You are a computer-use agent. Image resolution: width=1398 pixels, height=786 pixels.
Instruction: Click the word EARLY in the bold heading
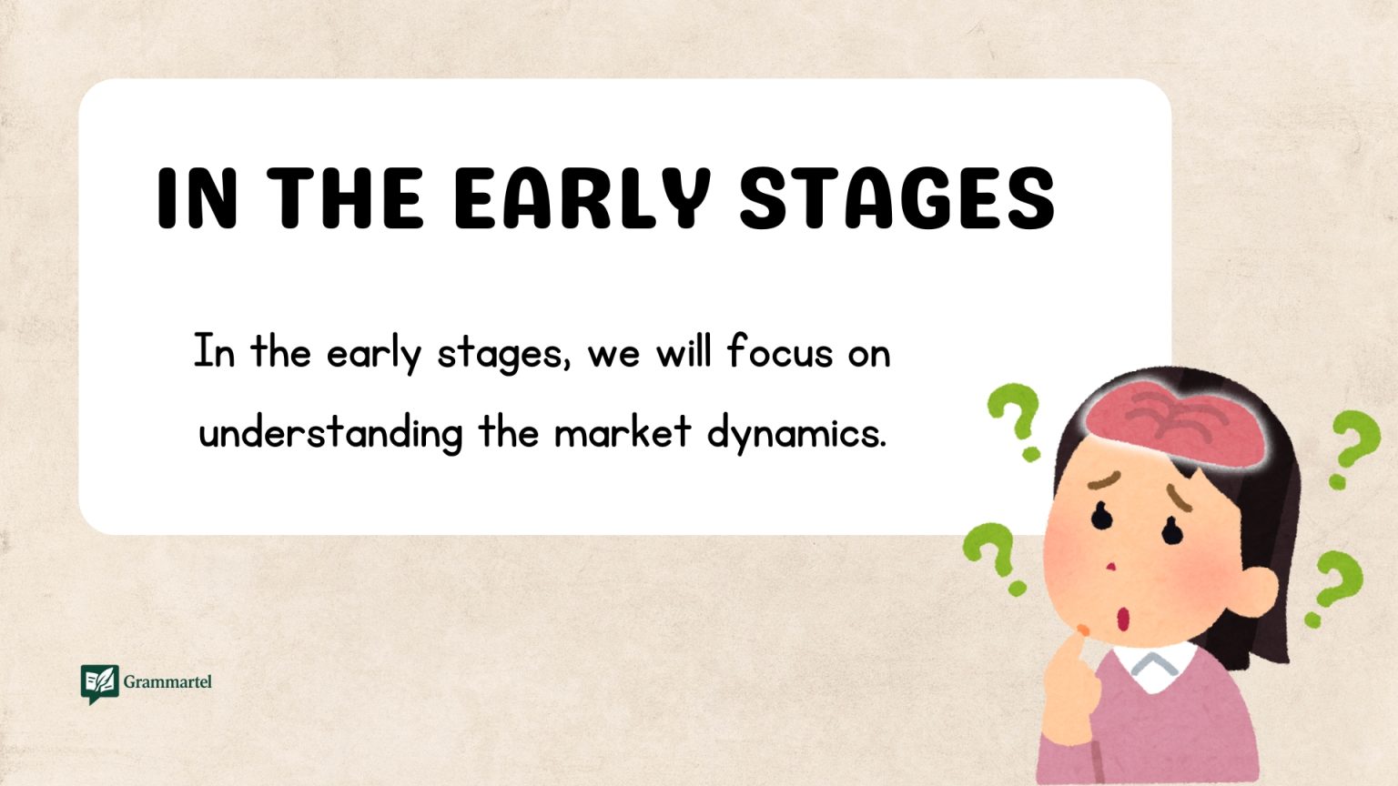pyautogui.click(x=581, y=198)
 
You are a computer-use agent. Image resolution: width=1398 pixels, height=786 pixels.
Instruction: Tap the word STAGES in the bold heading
pyautogui.click(x=897, y=198)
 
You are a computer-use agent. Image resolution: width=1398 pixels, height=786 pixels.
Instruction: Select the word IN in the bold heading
pyautogui.click(x=198, y=198)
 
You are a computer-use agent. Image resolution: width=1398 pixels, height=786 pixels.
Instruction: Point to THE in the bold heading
pyautogui.click(x=346, y=198)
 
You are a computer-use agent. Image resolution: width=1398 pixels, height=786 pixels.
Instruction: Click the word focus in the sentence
pyautogui.click(x=780, y=352)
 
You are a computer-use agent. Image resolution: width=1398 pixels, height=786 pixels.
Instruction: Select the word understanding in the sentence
pyautogui.click(x=330, y=433)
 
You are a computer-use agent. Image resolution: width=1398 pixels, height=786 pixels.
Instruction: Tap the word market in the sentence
pyautogui.click(x=623, y=432)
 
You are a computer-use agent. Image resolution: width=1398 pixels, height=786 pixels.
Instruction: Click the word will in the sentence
pyautogui.click(x=684, y=352)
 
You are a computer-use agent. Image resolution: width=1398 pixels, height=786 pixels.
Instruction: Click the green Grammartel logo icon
pyautogui.click(x=99, y=683)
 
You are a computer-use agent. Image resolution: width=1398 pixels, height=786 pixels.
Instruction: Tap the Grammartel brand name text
pyautogui.click(x=167, y=681)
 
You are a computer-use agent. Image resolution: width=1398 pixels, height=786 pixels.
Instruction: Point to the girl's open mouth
pyautogui.click(x=1123, y=620)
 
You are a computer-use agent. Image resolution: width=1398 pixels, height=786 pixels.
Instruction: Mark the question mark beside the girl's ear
pyautogui.click(x=1334, y=587)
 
